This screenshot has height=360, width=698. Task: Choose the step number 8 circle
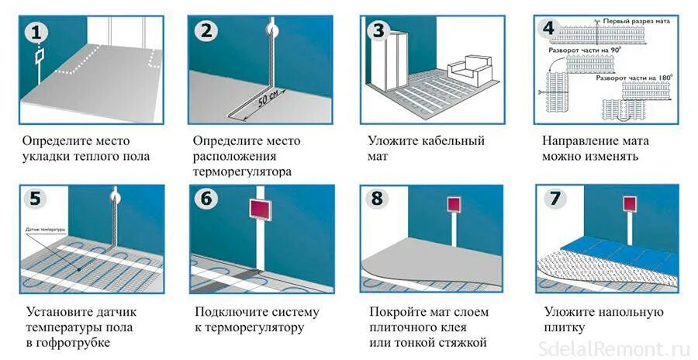(x=378, y=199)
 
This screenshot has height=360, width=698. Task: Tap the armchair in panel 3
(x=471, y=72)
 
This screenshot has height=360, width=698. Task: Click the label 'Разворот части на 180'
(x=631, y=78)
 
